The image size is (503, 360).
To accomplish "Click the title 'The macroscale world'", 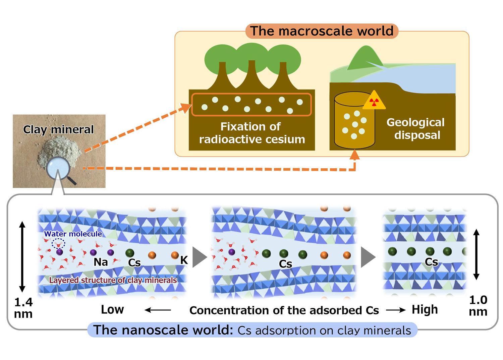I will pos(322,31).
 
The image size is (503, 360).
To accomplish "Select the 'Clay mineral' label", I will pos(58,129).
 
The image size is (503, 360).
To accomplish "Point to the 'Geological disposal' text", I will pos(416,129).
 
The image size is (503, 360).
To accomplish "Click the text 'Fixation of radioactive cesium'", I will pos(251,133).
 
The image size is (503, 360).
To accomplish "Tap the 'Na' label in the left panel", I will pos(101,262).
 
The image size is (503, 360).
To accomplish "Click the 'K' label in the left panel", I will pos(184,260).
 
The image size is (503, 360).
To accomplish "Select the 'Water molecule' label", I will pos(73,234).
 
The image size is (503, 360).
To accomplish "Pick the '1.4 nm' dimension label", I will pos(23,308).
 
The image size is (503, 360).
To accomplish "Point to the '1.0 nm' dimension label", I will pos(478,305).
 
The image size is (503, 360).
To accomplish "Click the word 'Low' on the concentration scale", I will pos(112,309).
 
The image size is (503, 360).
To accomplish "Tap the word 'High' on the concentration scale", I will pos(425,309).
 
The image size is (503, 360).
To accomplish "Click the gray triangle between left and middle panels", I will pos(199,257).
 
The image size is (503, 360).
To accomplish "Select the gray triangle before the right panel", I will pos(368,257).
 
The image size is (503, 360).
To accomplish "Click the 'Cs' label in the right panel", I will pos(431,262).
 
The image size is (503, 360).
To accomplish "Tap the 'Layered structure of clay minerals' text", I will pos(113,280).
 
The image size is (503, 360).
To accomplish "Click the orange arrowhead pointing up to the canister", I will pos(354,155).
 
